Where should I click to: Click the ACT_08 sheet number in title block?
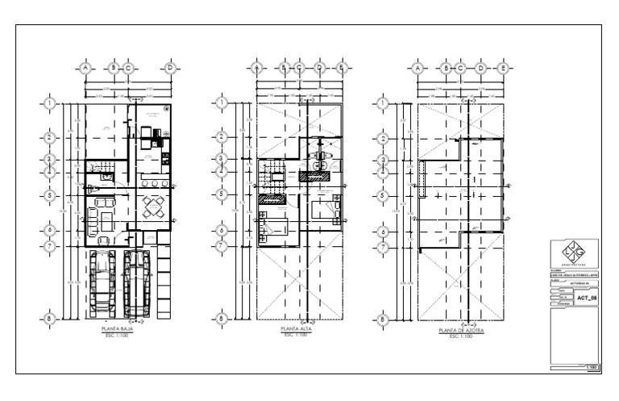click(588, 298)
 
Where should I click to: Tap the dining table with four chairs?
click(152, 208)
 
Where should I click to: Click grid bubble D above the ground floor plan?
click(170, 68)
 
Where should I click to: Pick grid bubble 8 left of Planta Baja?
click(50, 319)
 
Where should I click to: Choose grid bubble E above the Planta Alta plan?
click(342, 68)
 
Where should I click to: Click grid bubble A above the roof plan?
click(418, 68)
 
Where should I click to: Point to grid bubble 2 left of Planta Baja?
click(50, 137)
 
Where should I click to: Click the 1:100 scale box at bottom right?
click(591, 367)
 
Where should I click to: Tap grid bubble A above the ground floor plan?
click(85, 68)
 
